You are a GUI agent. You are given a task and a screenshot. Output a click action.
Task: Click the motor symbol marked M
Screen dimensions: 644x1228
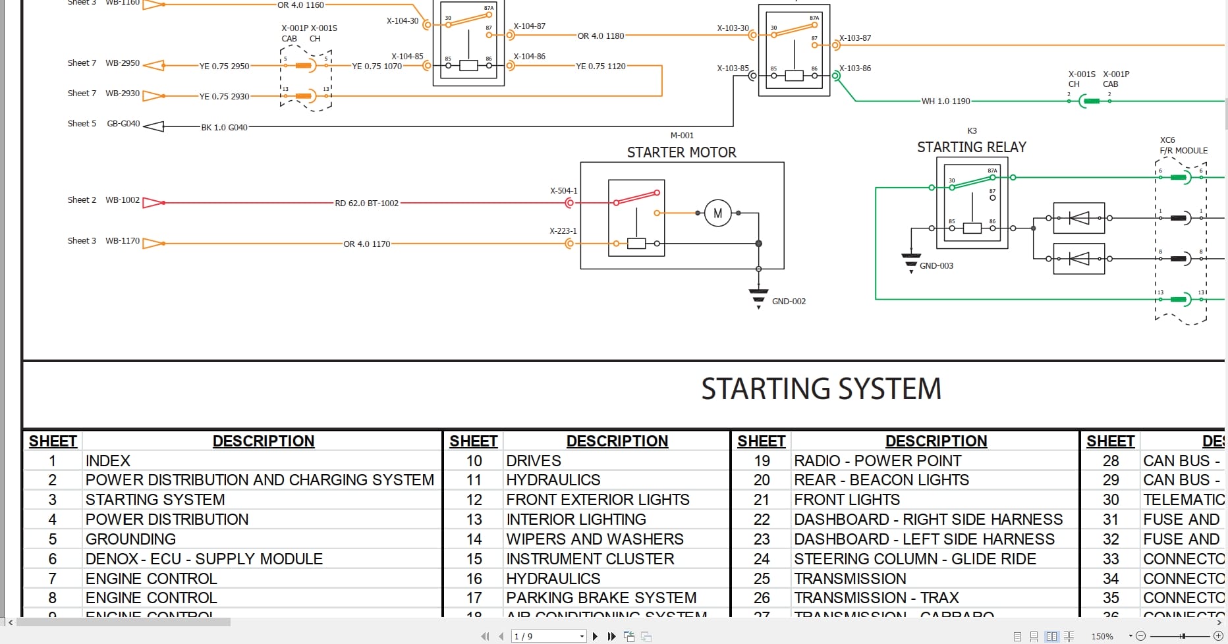[717, 213]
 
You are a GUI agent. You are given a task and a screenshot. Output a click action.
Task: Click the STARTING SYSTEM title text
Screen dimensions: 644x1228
[821, 389]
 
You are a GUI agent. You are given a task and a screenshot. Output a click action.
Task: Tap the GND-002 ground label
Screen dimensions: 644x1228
[789, 302]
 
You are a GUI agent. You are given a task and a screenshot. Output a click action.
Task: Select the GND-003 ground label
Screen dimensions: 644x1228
[936, 266]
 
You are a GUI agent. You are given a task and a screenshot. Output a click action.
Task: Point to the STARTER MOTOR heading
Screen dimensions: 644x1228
[681, 153]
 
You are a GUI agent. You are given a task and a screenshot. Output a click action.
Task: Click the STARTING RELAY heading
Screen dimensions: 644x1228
[971, 148]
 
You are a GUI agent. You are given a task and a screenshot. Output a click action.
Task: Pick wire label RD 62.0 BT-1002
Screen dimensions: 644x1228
[366, 203]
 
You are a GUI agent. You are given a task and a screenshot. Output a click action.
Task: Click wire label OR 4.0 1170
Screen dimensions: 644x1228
[366, 244]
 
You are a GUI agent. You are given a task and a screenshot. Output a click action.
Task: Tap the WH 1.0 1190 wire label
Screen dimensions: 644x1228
[945, 101]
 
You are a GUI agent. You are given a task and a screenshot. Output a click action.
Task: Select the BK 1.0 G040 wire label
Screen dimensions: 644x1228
[224, 128]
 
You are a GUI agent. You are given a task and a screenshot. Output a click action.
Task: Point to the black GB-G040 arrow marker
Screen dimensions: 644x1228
[153, 126]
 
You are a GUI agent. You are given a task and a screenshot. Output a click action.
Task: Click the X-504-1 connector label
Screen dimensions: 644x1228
[563, 191]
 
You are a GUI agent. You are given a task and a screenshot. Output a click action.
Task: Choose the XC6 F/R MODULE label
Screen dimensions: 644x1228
[1183, 146]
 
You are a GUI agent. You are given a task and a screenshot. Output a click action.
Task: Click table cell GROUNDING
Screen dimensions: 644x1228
[130, 539]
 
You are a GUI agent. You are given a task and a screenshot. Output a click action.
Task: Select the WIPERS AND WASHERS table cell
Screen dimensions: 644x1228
[594, 539]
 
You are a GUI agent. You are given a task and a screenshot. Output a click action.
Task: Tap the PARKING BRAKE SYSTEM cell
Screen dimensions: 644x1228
[601, 598]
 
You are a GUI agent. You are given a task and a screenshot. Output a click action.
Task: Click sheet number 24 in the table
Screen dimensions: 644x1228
[762, 559]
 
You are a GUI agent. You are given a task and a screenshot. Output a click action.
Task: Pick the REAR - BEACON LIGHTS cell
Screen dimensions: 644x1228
[881, 480]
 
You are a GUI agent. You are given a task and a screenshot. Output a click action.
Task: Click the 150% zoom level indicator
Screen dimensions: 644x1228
[1102, 636]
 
